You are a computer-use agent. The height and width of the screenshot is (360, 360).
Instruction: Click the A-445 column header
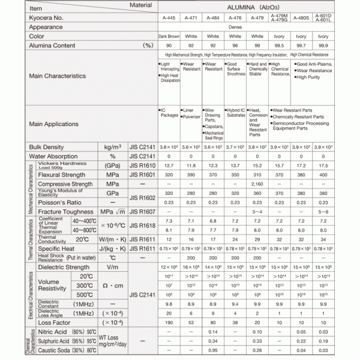pyautogui.click(x=169, y=18)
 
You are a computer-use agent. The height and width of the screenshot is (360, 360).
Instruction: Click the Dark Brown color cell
pyautogui.click(x=169, y=36)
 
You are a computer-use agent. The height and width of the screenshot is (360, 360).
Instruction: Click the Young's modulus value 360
pyautogui.click(x=258, y=194)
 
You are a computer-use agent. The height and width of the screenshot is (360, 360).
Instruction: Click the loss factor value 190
pyautogui.click(x=169, y=322)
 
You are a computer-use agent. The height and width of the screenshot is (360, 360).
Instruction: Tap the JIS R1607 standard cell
pyautogui.click(x=142, y=212)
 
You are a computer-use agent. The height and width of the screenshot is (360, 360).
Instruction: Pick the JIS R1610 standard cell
pyautogui.click(x=142, y=165)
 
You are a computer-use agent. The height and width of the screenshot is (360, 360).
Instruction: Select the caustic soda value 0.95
pyautogui.click(x=213, y=350)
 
